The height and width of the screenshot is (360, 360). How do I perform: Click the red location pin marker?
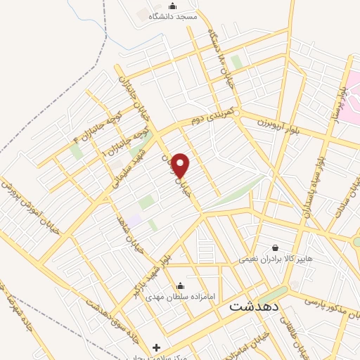coord(181,166)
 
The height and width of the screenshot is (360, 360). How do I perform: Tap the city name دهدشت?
coord(255,307)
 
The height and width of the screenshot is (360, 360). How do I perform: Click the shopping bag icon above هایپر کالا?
coord(274,248)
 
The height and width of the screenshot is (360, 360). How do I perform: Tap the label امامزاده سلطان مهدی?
coord(180,297)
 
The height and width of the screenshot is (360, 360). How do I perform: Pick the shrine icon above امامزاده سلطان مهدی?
coord(180,285)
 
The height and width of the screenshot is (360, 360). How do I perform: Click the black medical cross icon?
coord(156,347)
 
